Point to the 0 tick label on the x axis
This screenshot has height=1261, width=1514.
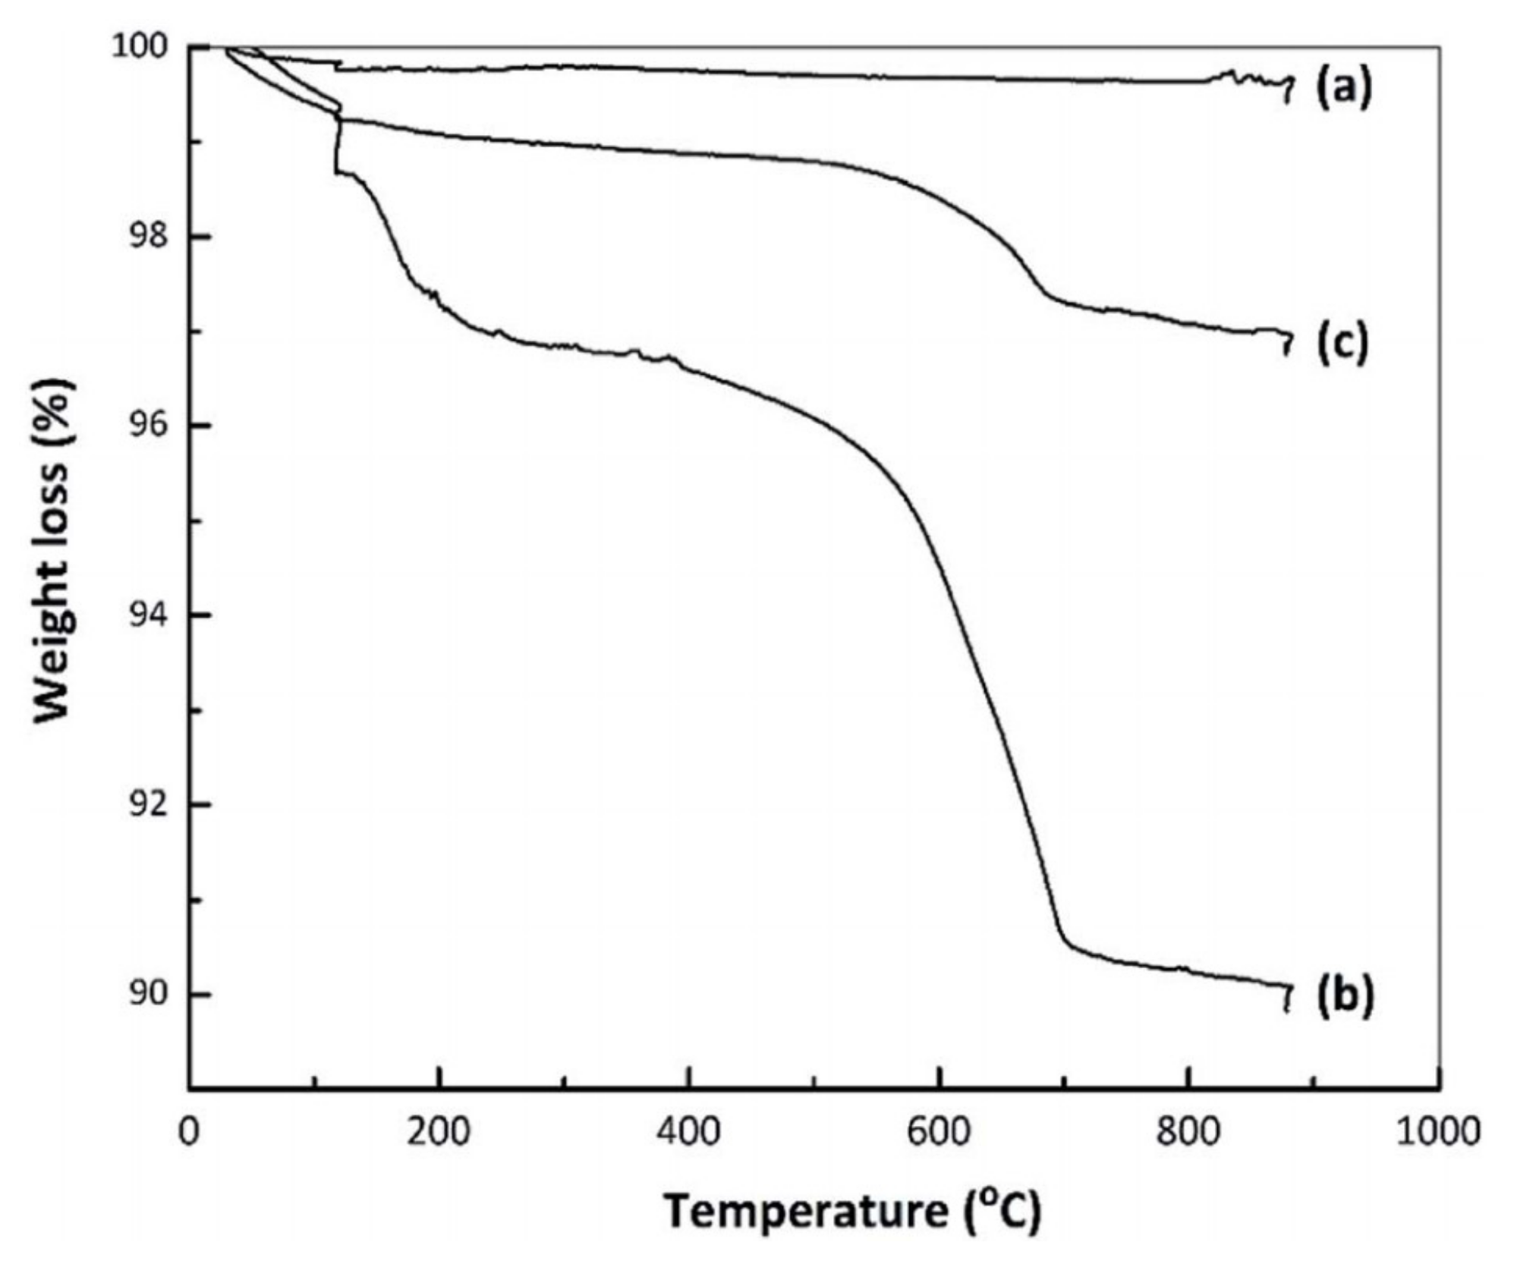pyautogui.click(x=188, y=1133)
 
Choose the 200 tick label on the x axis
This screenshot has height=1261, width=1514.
pyautogui.click(x=439, y=1133)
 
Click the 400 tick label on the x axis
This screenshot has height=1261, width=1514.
pyautogui.click(x=688, y=1133)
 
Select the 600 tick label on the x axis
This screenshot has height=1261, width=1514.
pyautogui.click(x=939, y=1133)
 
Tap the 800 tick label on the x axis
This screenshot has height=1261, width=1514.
pyautogui.click(x=1188, y=1133)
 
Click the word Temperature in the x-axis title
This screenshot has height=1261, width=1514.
pyautogui.click(x=806, y=1212)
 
